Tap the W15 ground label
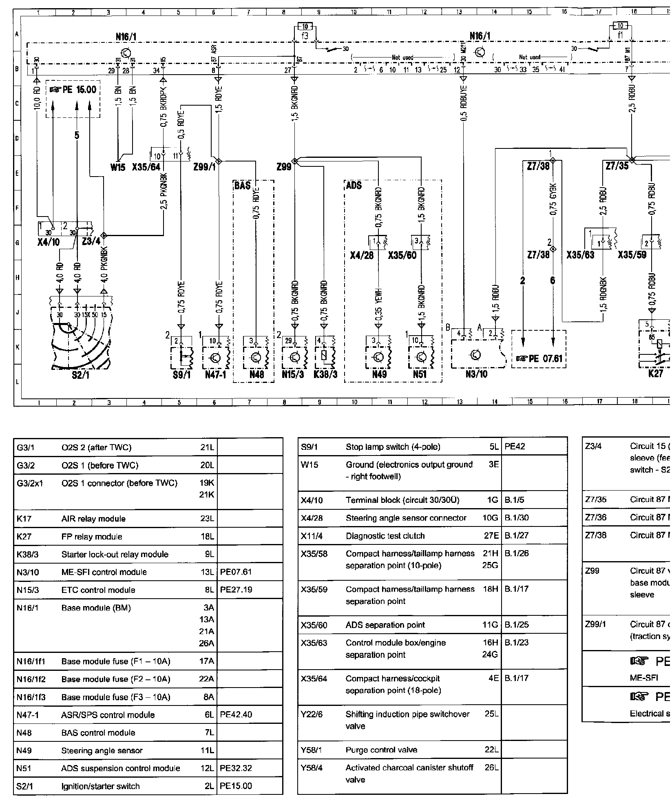[118, 167]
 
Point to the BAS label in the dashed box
[242, 186]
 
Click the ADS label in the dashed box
[354, 186]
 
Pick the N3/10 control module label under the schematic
[476, 374]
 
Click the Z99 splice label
[283, 167]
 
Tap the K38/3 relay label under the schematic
[325, 374]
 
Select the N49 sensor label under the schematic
[380, 374]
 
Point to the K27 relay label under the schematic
[655, 374]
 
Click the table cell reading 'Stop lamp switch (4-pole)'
[393, 447]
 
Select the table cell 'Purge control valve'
[381, 750]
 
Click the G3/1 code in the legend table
[26, 447]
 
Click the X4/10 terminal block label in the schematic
[49, 242]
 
